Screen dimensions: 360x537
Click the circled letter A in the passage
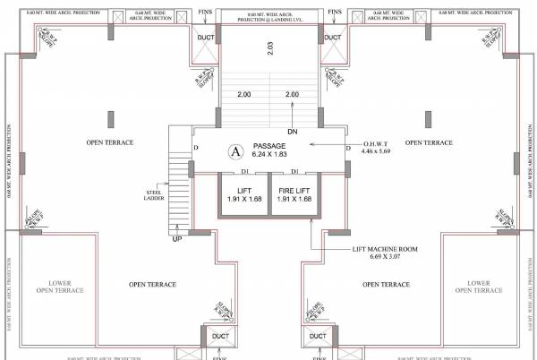click(x=236, y=150)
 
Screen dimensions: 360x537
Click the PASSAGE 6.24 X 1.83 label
click(x=268, y=150)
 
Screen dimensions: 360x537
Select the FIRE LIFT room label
click(x=294, y=193)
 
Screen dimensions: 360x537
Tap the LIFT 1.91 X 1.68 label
click(x=243, y=193)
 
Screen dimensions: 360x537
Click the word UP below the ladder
click(x=177, y=239)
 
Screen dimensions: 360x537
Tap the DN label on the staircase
click(x=292, y=132)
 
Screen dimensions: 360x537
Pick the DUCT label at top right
click(x=333, y=37)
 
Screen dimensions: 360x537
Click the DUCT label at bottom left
click(x=220, y=337)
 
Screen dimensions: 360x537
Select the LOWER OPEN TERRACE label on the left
click(x=59, y=287)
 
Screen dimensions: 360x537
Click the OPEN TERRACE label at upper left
click(x=110, y=142)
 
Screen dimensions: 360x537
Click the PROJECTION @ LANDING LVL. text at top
click(x=268, y=21)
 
